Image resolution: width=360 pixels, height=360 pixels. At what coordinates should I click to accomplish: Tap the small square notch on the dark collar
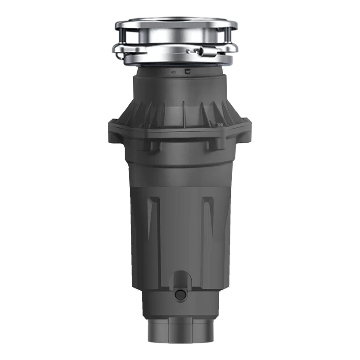[186, 71]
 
